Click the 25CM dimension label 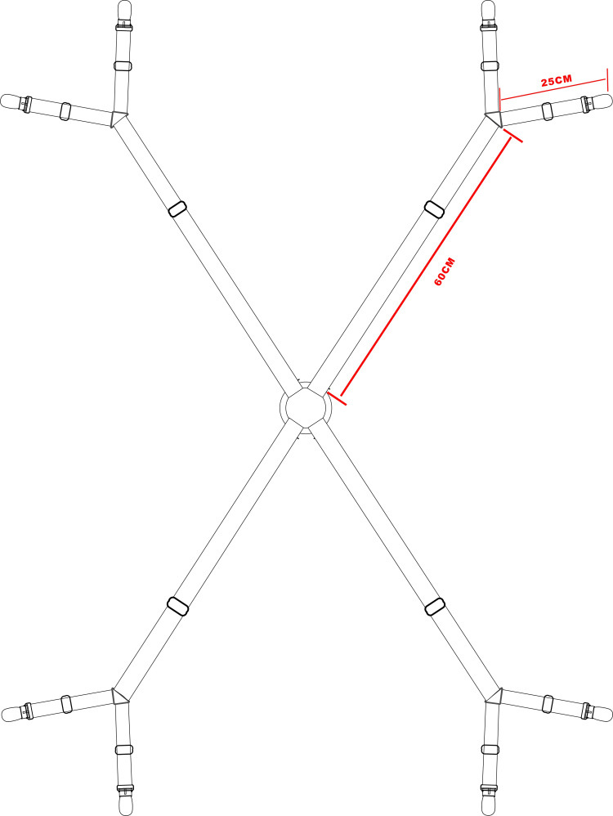coord(557,81)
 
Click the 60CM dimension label coord(444,271)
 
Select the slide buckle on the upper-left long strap coord(178,208)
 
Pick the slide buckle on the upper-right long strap coord(434,208)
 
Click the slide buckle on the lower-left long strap coord(177,606)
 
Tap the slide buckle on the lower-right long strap coord(435,606)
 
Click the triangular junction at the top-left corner coord(119,118)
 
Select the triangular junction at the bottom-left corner coord(119,696)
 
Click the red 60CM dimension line coord(425,266)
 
